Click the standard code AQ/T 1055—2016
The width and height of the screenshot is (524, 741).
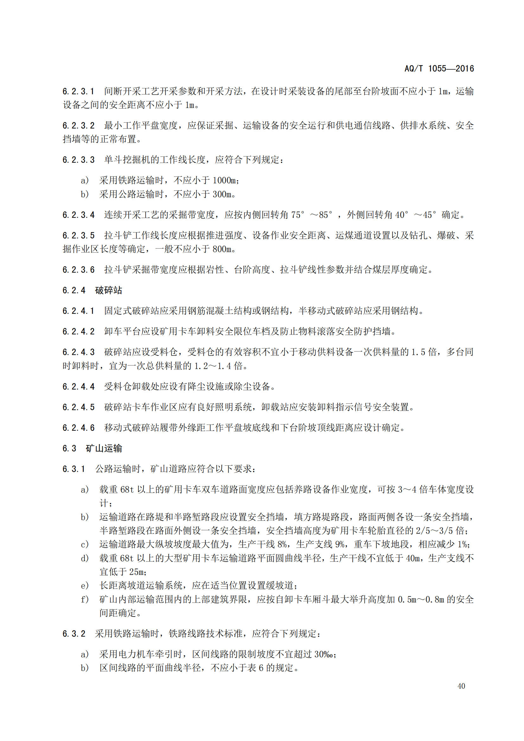tap(439, 68)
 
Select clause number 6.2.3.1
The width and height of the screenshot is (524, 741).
tap(78, 92)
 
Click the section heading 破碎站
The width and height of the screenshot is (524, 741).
tap(108, 291)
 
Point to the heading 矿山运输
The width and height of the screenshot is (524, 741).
tap(104, 449)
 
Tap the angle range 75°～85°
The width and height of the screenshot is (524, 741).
tap(312, 215)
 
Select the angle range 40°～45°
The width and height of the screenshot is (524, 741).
tap(416, 215)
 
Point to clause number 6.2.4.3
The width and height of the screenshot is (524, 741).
tap(78, 352)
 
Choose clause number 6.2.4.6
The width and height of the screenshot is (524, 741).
tap(78, 428)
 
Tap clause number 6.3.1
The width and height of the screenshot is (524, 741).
tap(74, 469)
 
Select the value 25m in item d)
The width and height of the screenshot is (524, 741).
tap(137, 572)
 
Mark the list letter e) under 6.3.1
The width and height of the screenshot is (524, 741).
tap(85, 585)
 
